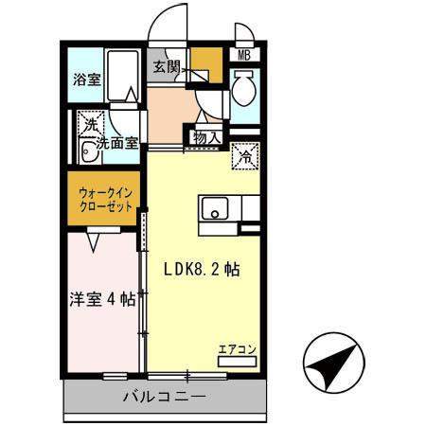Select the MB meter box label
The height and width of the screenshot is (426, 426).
point(243,56)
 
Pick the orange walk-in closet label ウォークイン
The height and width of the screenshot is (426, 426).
point(103,192)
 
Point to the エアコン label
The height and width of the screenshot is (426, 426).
point(236,347)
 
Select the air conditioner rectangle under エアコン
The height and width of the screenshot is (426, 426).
point(236,361)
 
